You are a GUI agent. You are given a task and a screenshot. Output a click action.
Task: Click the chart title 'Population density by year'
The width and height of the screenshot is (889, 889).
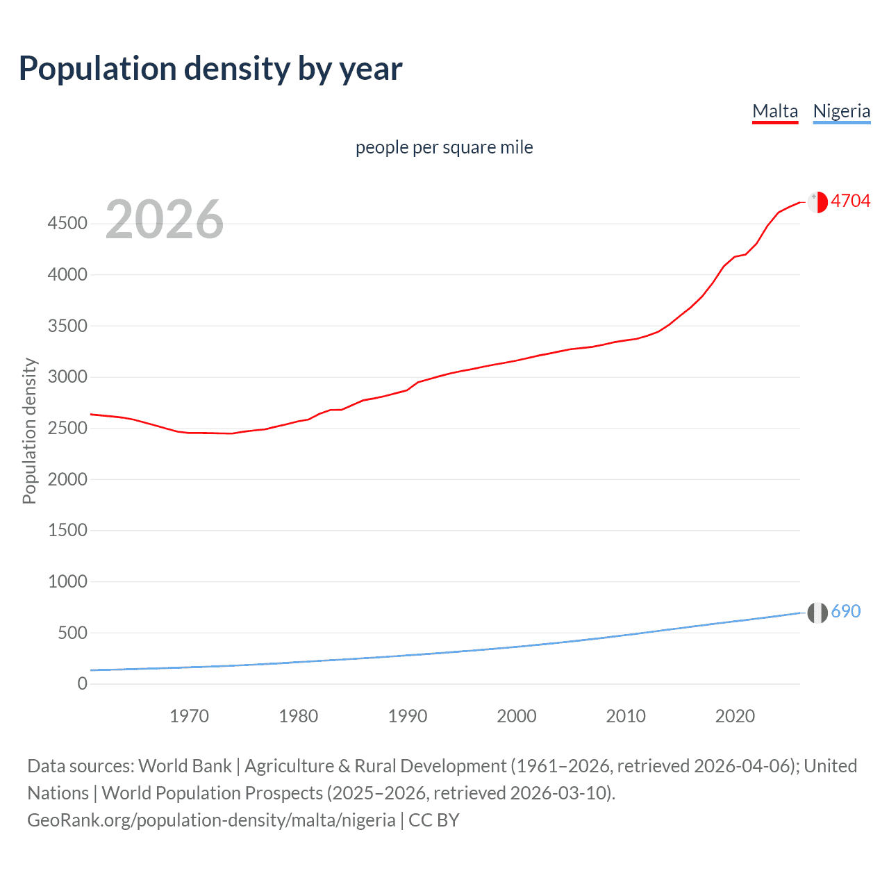coord(210,69)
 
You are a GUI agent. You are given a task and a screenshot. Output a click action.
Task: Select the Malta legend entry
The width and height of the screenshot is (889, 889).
coord(775,111)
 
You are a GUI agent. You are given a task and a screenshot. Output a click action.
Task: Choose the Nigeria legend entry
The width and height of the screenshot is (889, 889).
coord(841,111)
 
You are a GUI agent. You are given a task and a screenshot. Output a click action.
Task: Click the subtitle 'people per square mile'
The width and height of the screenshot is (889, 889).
coord(444,148)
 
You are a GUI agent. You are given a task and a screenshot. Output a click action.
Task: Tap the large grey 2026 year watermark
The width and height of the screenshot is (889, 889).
coord(165,219)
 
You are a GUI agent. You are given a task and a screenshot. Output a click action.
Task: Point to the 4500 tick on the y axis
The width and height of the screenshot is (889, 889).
coord(67,224)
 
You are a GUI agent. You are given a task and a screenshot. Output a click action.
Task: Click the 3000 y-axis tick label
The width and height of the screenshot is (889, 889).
coord(67,377)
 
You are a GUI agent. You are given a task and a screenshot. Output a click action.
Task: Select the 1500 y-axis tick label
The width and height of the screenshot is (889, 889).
coord(67,531)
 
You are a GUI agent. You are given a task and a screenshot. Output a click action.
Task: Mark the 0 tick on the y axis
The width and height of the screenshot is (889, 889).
coord(82,684)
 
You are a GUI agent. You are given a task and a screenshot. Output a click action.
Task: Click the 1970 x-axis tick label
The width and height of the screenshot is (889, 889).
coord(189,716)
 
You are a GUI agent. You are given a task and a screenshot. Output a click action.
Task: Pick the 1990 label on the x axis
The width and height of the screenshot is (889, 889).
coord(408,716)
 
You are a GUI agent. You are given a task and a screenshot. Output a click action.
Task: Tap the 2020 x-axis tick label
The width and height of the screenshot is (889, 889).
coord(735,716)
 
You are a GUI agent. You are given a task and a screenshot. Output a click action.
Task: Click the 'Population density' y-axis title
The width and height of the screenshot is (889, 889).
coord(29,431)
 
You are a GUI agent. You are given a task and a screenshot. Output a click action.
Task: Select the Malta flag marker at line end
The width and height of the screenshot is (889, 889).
coord(817,202)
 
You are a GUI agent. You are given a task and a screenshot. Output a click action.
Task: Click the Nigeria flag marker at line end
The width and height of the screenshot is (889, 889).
coord(817,613)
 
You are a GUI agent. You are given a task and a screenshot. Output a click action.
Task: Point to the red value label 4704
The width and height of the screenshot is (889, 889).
coord(850,201)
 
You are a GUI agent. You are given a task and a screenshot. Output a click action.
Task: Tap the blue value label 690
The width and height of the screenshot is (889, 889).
coord(845,612)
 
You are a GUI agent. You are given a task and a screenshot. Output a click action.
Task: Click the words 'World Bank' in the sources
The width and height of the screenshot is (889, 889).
coord(185,766)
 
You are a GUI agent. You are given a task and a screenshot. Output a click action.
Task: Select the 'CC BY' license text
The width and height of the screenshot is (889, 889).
coord(434,820)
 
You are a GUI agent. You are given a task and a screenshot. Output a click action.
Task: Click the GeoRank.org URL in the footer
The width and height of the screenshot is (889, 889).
coord(211,820)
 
